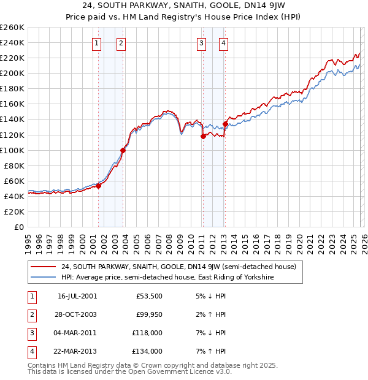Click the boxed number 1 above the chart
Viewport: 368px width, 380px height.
pos(97,43)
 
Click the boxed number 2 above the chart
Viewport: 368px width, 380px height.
pos(121,43)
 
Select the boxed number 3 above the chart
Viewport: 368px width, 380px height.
pos(201,43)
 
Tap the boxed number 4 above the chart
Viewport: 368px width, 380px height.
pos(224,43)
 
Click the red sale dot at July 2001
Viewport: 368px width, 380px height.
pos(98,186)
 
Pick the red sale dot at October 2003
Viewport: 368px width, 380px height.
pos(123,150)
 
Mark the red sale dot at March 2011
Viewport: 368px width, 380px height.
pos(203,136)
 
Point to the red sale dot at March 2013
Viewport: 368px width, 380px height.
pos(225,124)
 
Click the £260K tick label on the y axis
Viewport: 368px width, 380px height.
pos(12,28)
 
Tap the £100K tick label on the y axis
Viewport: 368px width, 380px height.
pos(12,150)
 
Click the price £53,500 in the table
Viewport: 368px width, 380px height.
pos(149,296)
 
